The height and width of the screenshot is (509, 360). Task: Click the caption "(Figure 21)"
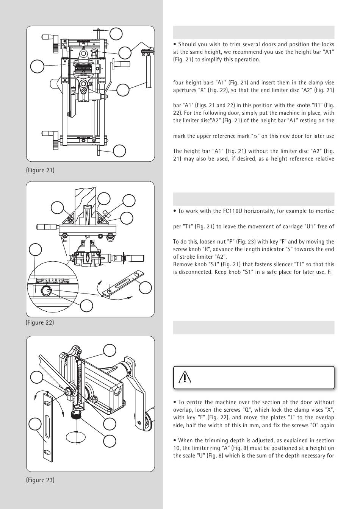tap(40, 170)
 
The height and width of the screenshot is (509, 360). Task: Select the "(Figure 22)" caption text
tap(40, 323)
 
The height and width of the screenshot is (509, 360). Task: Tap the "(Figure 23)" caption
tap(40, 480)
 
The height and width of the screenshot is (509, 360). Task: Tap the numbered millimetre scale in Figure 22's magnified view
tap(53, 281)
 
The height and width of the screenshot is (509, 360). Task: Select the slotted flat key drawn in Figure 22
tap(120, 284)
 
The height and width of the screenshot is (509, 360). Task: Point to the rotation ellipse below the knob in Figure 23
tap(76, 436)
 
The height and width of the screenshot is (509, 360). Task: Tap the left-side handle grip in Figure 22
tap(45, 227)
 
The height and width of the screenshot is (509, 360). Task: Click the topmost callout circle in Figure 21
tap(116, 34)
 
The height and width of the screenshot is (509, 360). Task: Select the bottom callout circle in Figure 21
tap(119, 150)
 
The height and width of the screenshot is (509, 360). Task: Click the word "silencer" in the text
tap(293, 264)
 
